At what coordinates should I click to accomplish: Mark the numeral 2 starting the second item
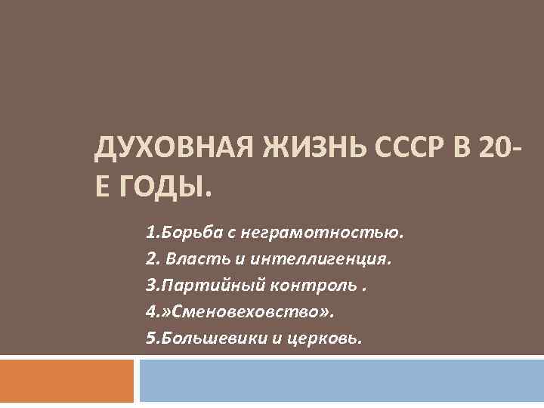[150, 260]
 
